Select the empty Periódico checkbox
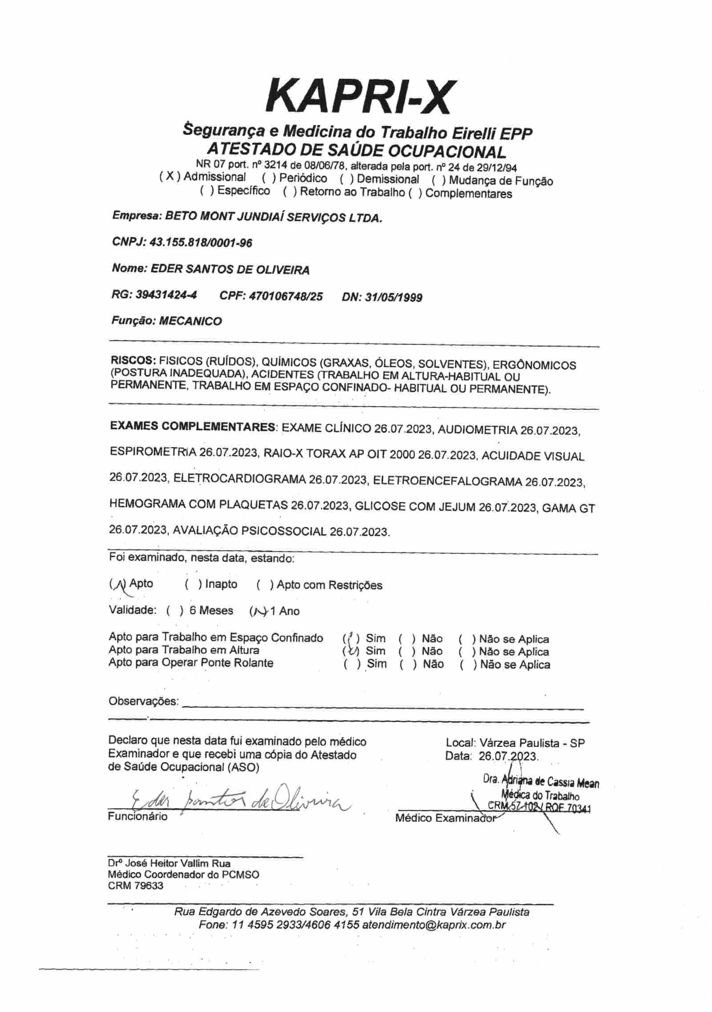pyautogui.click(x=269, y=179)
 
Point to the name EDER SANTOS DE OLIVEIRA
pyautogui.click(x=230, y=270)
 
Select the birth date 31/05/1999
pyautogui.click(x=393, y=297)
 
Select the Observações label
pyautogui.click(x=143, y=702)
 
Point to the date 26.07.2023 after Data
pyautogui.click(x=509, y=756)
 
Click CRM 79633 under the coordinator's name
pyautogui.click(x=136, y=886)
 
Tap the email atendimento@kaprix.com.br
pyautogui.click(x=434, y=925)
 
